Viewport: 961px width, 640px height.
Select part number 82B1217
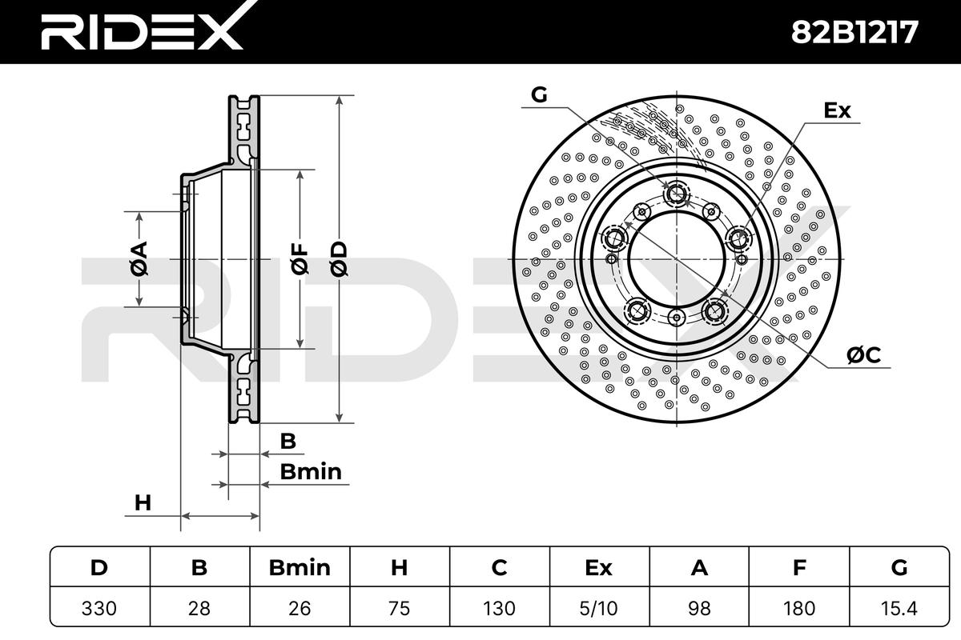tap(854, 32)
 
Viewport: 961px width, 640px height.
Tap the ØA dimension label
tap(139, 258)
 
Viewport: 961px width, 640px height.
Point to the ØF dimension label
tap(300, 259)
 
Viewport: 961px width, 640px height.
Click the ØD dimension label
tap(339, 259)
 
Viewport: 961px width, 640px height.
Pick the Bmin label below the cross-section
tap(311, 472)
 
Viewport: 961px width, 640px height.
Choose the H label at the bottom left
tap(143, 503)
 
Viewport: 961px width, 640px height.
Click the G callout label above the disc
tap(539, 94)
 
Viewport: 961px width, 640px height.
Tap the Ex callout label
tap(837, 110)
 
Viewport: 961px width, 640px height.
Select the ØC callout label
tap(863, 355)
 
